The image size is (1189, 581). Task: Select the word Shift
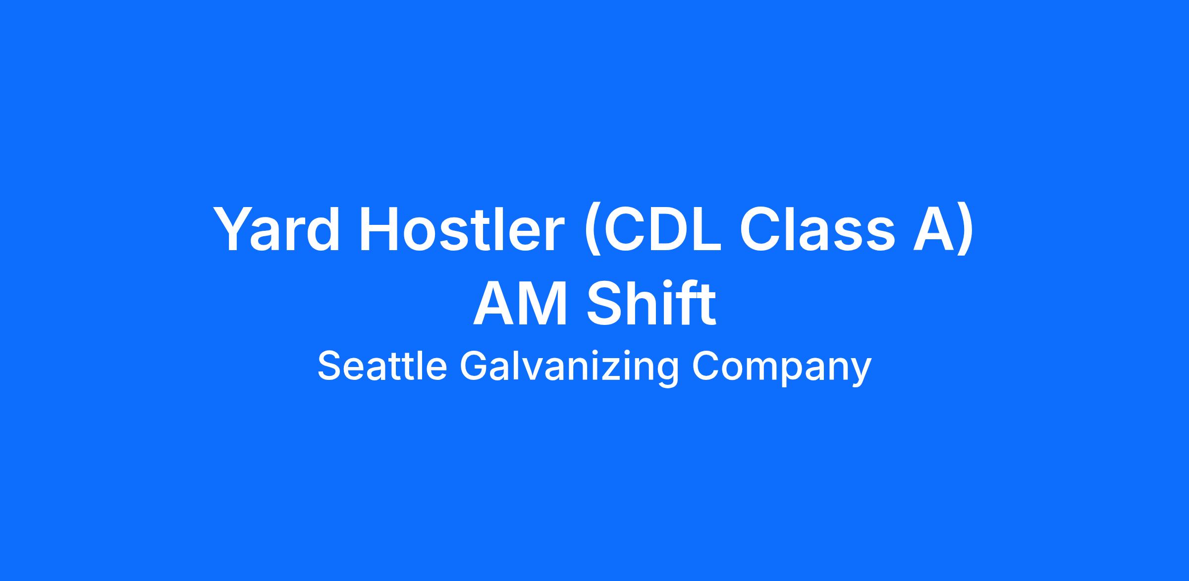[x=652, y=303]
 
